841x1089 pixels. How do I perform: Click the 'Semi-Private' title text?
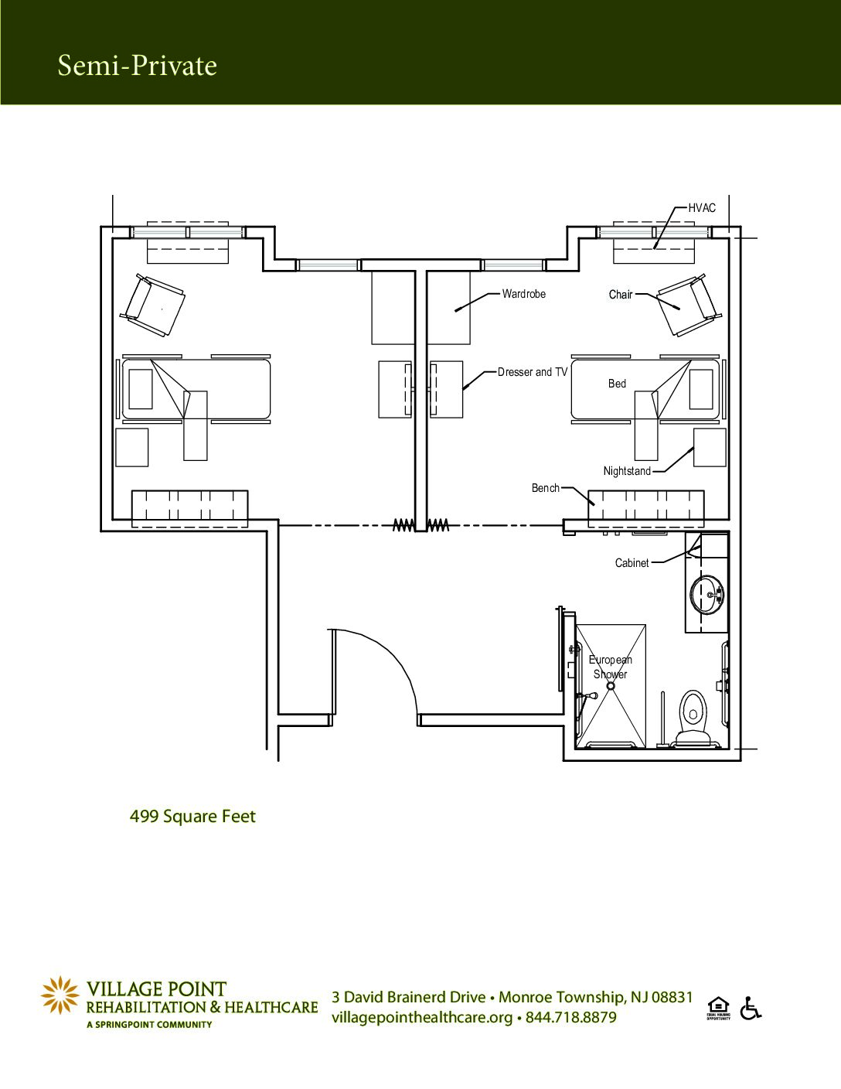(138, 66)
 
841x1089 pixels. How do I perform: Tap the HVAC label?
(702, 207)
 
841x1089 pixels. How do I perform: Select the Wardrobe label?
(524, 294)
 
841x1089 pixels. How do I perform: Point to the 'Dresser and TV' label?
(533, 372)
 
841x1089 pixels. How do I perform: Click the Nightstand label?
(627, 471)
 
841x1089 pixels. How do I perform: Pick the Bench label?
(546, 487)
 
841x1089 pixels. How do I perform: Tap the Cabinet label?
(632, 563)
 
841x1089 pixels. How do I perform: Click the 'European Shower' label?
(611, 667)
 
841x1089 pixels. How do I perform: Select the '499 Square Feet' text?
(192, 817)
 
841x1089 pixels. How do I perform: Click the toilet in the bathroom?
(693, 718)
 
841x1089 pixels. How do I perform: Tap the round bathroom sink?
(707, 594)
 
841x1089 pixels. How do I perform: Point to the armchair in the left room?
(152, 305)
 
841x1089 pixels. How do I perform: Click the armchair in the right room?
(690, 305)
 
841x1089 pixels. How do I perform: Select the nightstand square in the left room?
(131, 448)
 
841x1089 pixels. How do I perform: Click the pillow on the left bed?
(141, 389)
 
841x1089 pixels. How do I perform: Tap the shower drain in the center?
(611, 687)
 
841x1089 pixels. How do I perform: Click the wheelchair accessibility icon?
(751, 1008)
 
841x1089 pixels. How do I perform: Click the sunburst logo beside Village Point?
(60, 995)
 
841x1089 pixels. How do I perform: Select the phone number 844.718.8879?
(571, 1017)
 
